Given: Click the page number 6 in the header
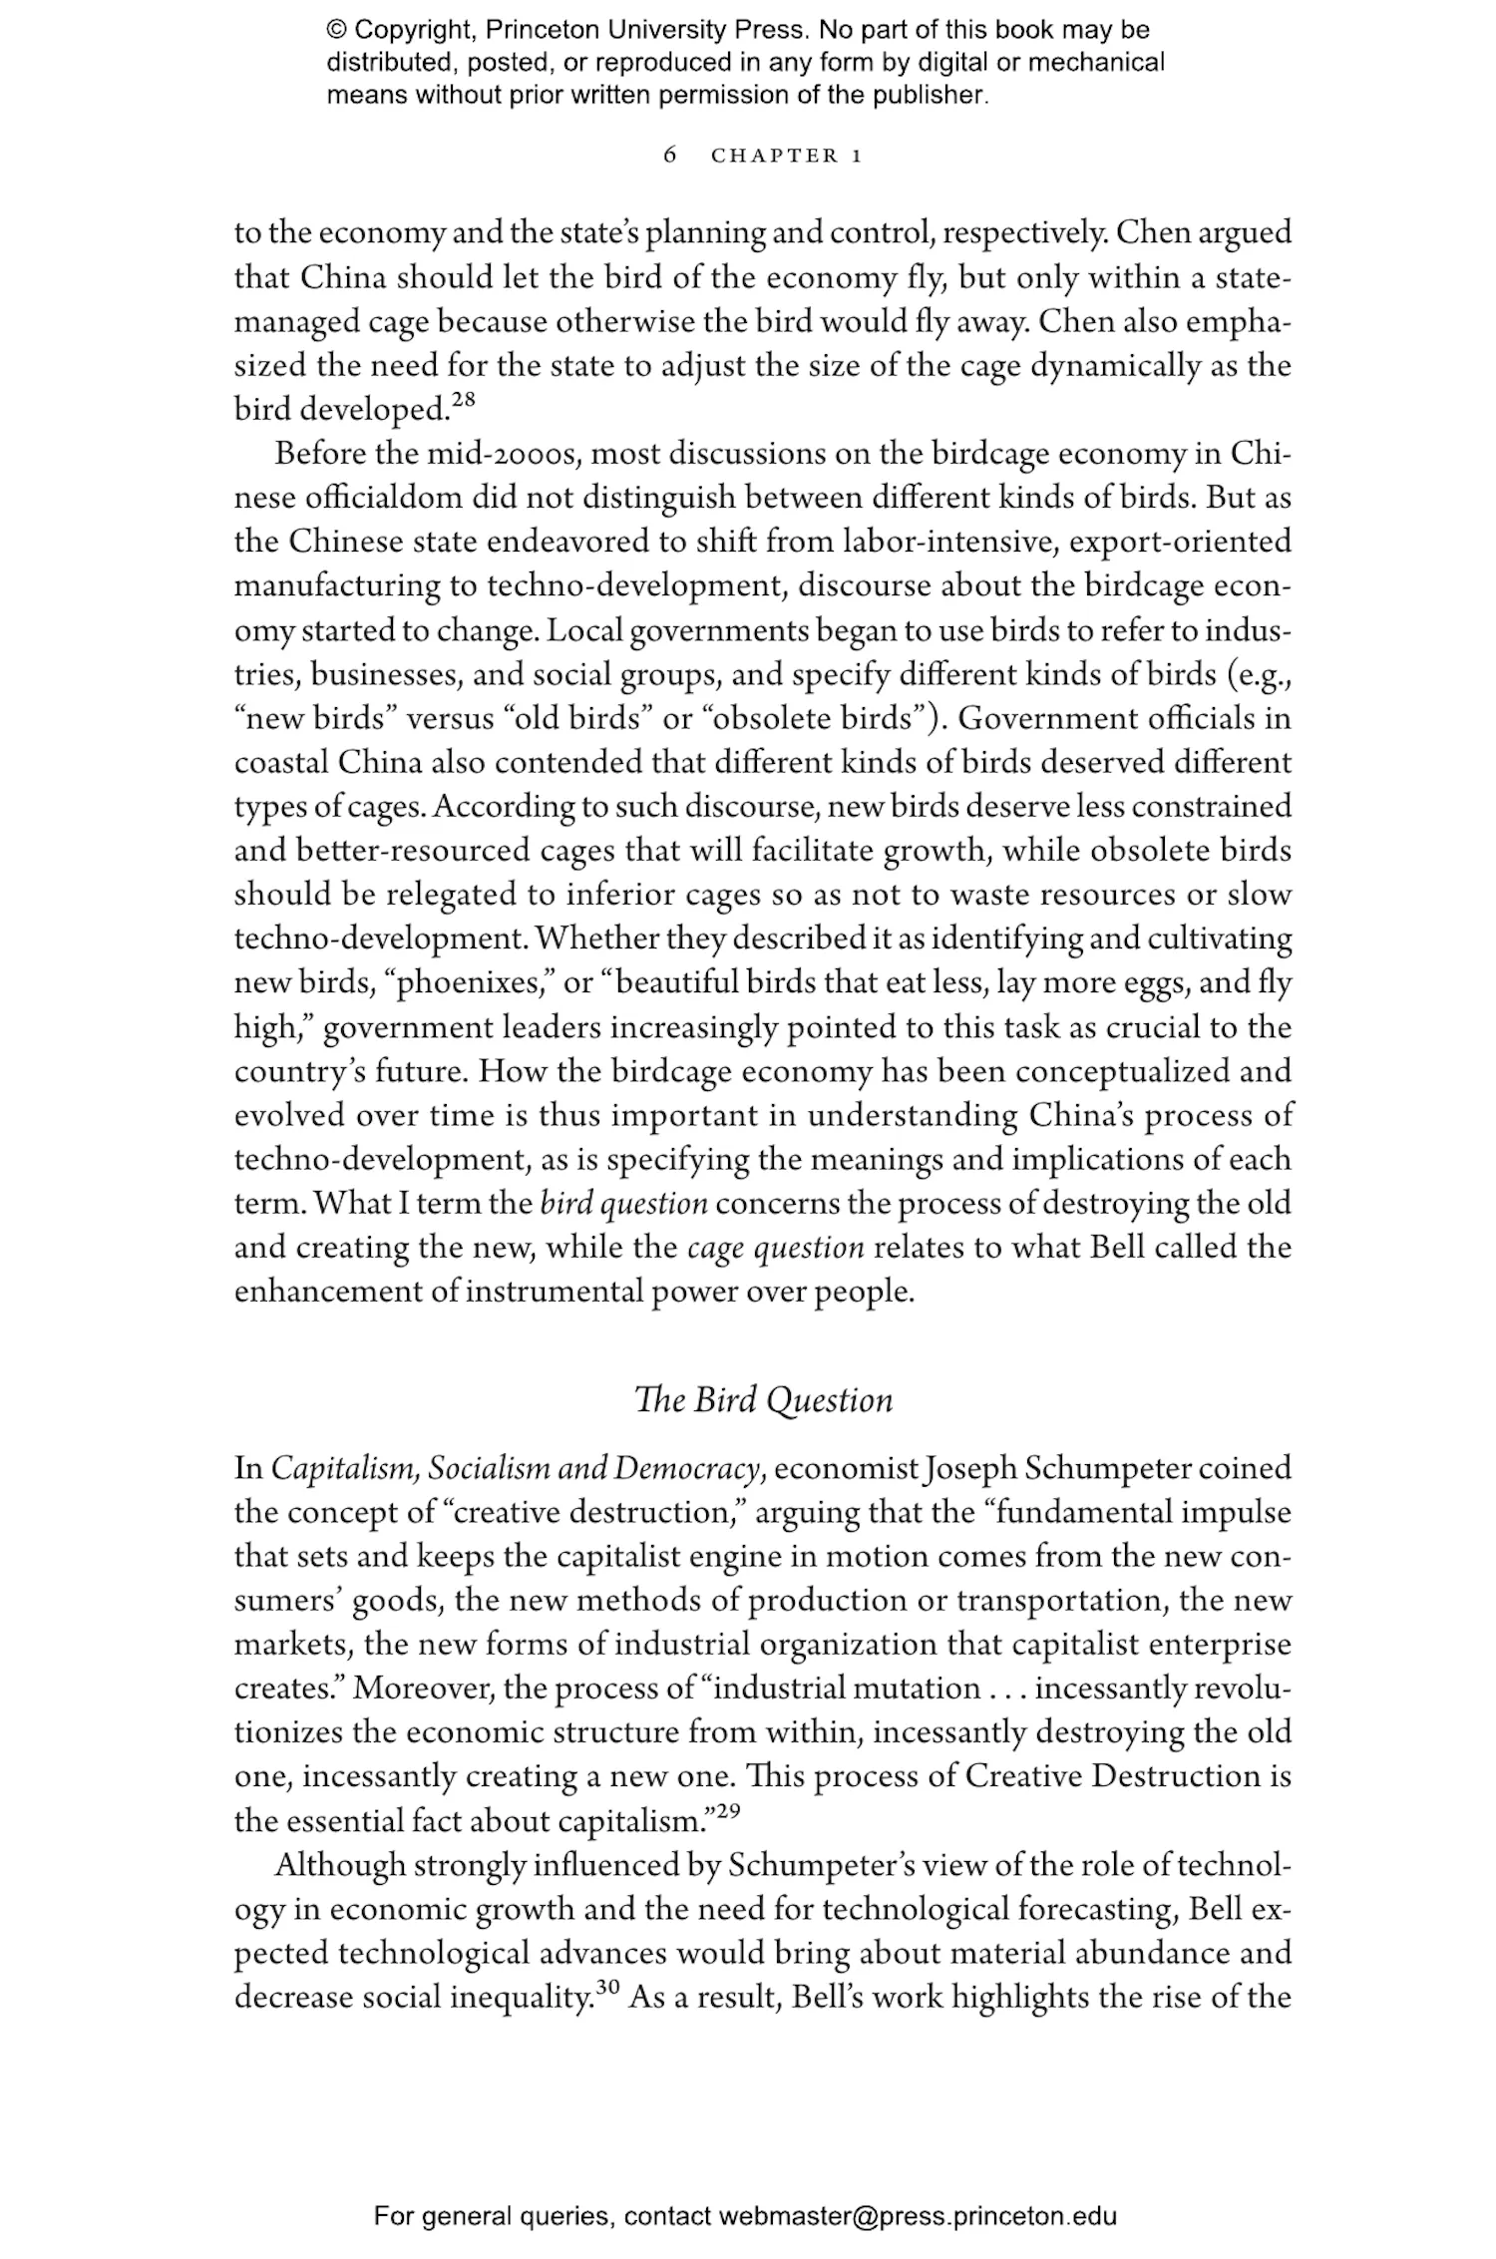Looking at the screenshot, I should pyautogui.click(x=670, y=155).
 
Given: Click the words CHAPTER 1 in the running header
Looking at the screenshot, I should pyautogui.click(x=786, y=156).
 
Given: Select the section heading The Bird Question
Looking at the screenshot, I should pyautogui.click(x=764, y=1400).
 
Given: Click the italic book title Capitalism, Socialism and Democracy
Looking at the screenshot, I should pyautogui.click(x=517, y=1469).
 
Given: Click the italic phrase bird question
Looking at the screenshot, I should pyautogui.click(x=623, y=1204).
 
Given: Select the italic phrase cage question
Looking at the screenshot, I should pyautogui.click(x=775, y=1248).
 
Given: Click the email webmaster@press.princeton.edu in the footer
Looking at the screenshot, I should pyautogui.click(x=917, y=2217).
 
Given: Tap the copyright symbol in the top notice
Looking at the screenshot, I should pyautogui.click(x=336, y=31).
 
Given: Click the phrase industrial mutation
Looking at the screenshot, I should pyautogui.click(x=847, y=1689).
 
